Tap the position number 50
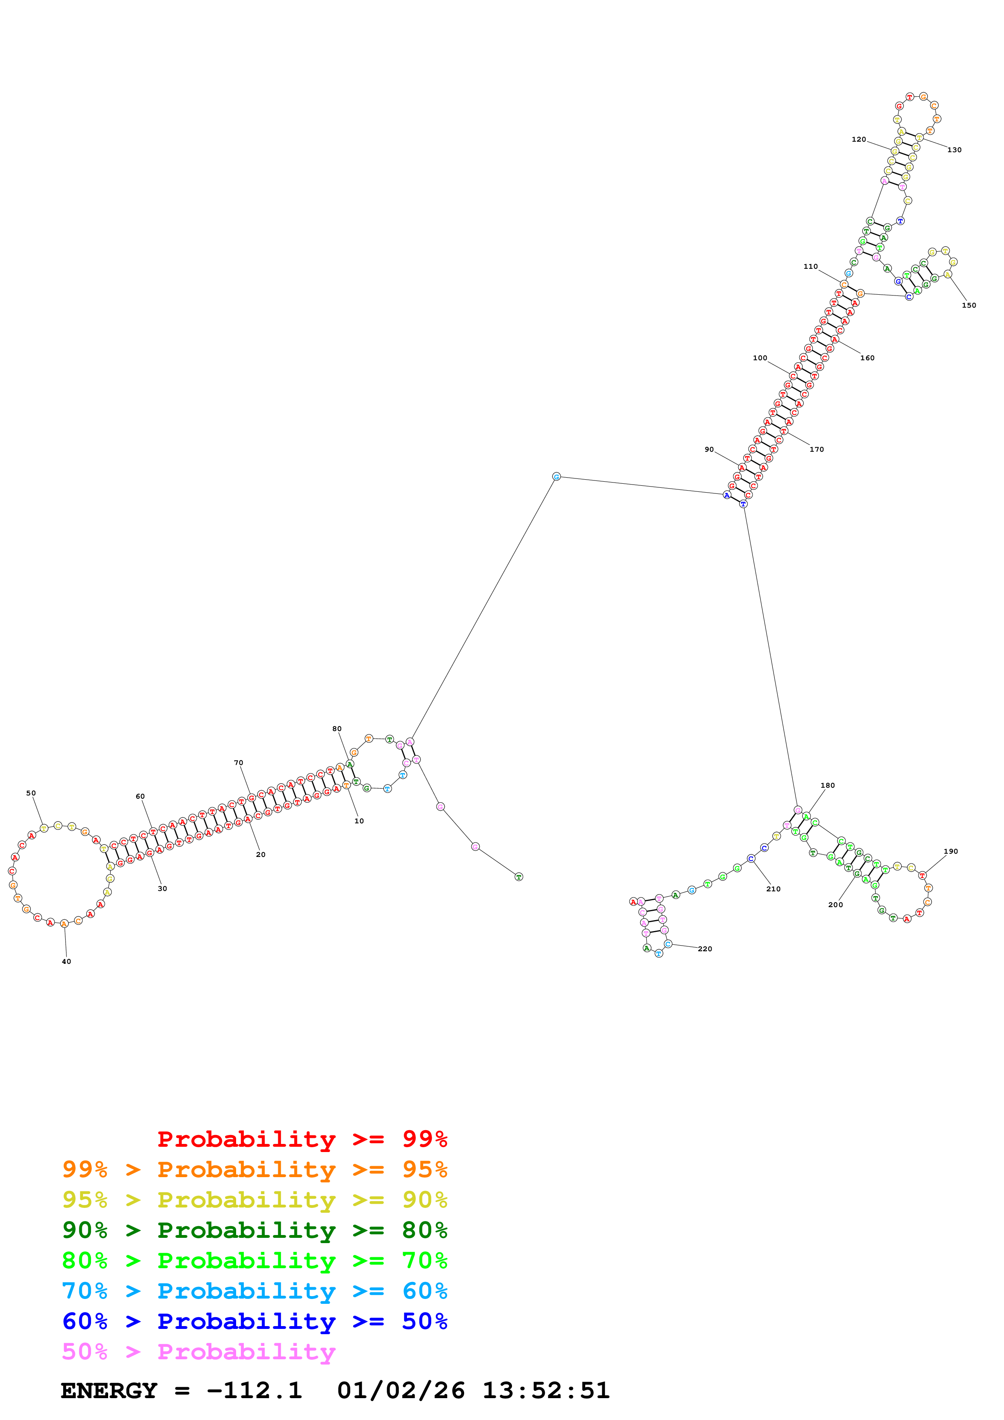click(31, 793)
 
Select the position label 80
click(337, 729)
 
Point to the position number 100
click(760, 358)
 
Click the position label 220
click(705, 949)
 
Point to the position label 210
click(773, 889)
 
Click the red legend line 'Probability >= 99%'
click(302, 1139)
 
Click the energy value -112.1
click(254, 1391)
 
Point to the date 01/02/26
click(401, 1391)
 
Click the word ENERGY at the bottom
click(109, 1391)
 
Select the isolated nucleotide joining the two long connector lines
click(556, 477)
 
